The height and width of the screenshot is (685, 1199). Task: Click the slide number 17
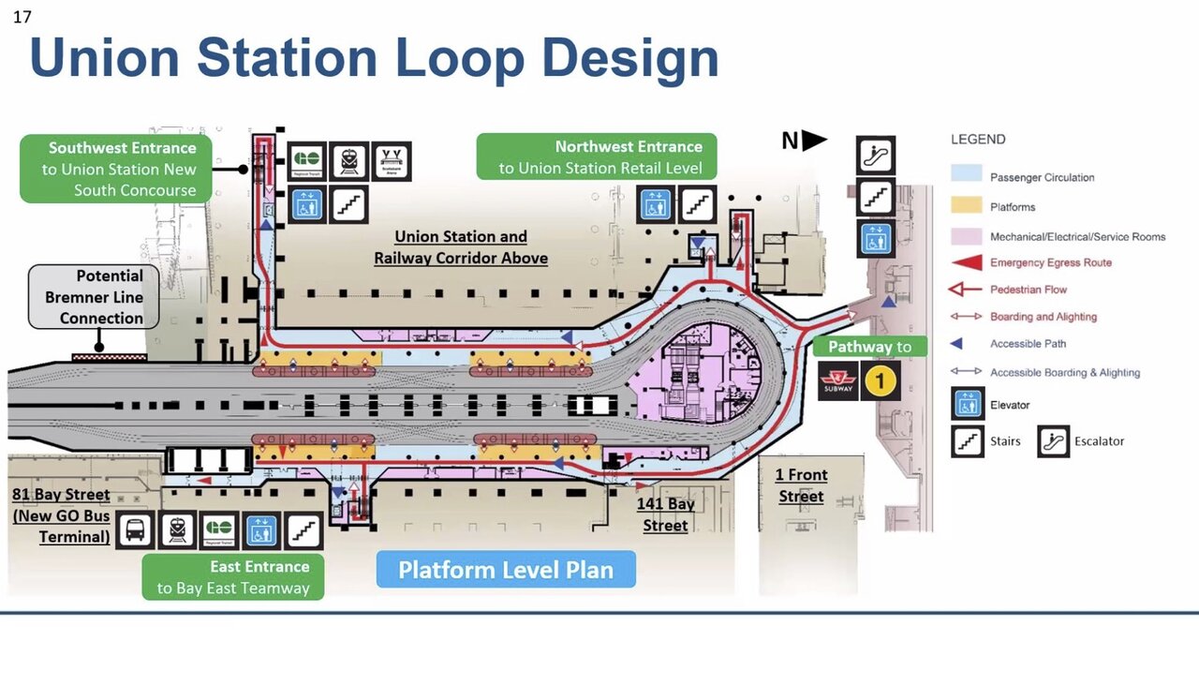pos(22,16)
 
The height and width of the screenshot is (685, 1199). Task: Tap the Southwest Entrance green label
pos(116,169)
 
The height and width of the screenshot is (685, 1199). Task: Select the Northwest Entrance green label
pos(597,156)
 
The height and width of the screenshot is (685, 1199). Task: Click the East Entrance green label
pos(232,577)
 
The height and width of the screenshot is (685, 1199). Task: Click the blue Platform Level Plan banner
pos(506,570)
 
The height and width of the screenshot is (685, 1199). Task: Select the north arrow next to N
pos(814,141)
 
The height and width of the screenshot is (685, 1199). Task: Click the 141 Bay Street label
pos(666,514)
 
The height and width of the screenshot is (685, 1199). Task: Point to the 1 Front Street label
pos(801,486)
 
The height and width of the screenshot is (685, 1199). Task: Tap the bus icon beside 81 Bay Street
pos(135,530)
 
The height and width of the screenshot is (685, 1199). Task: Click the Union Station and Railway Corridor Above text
pos(460,247)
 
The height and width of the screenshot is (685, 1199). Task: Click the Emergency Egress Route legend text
pos(1050,262)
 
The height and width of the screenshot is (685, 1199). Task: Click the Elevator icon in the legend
pos(968,405)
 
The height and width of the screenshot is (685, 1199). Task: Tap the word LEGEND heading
pos(978,140)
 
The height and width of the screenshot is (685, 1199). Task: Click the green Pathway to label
pos(869,347)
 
